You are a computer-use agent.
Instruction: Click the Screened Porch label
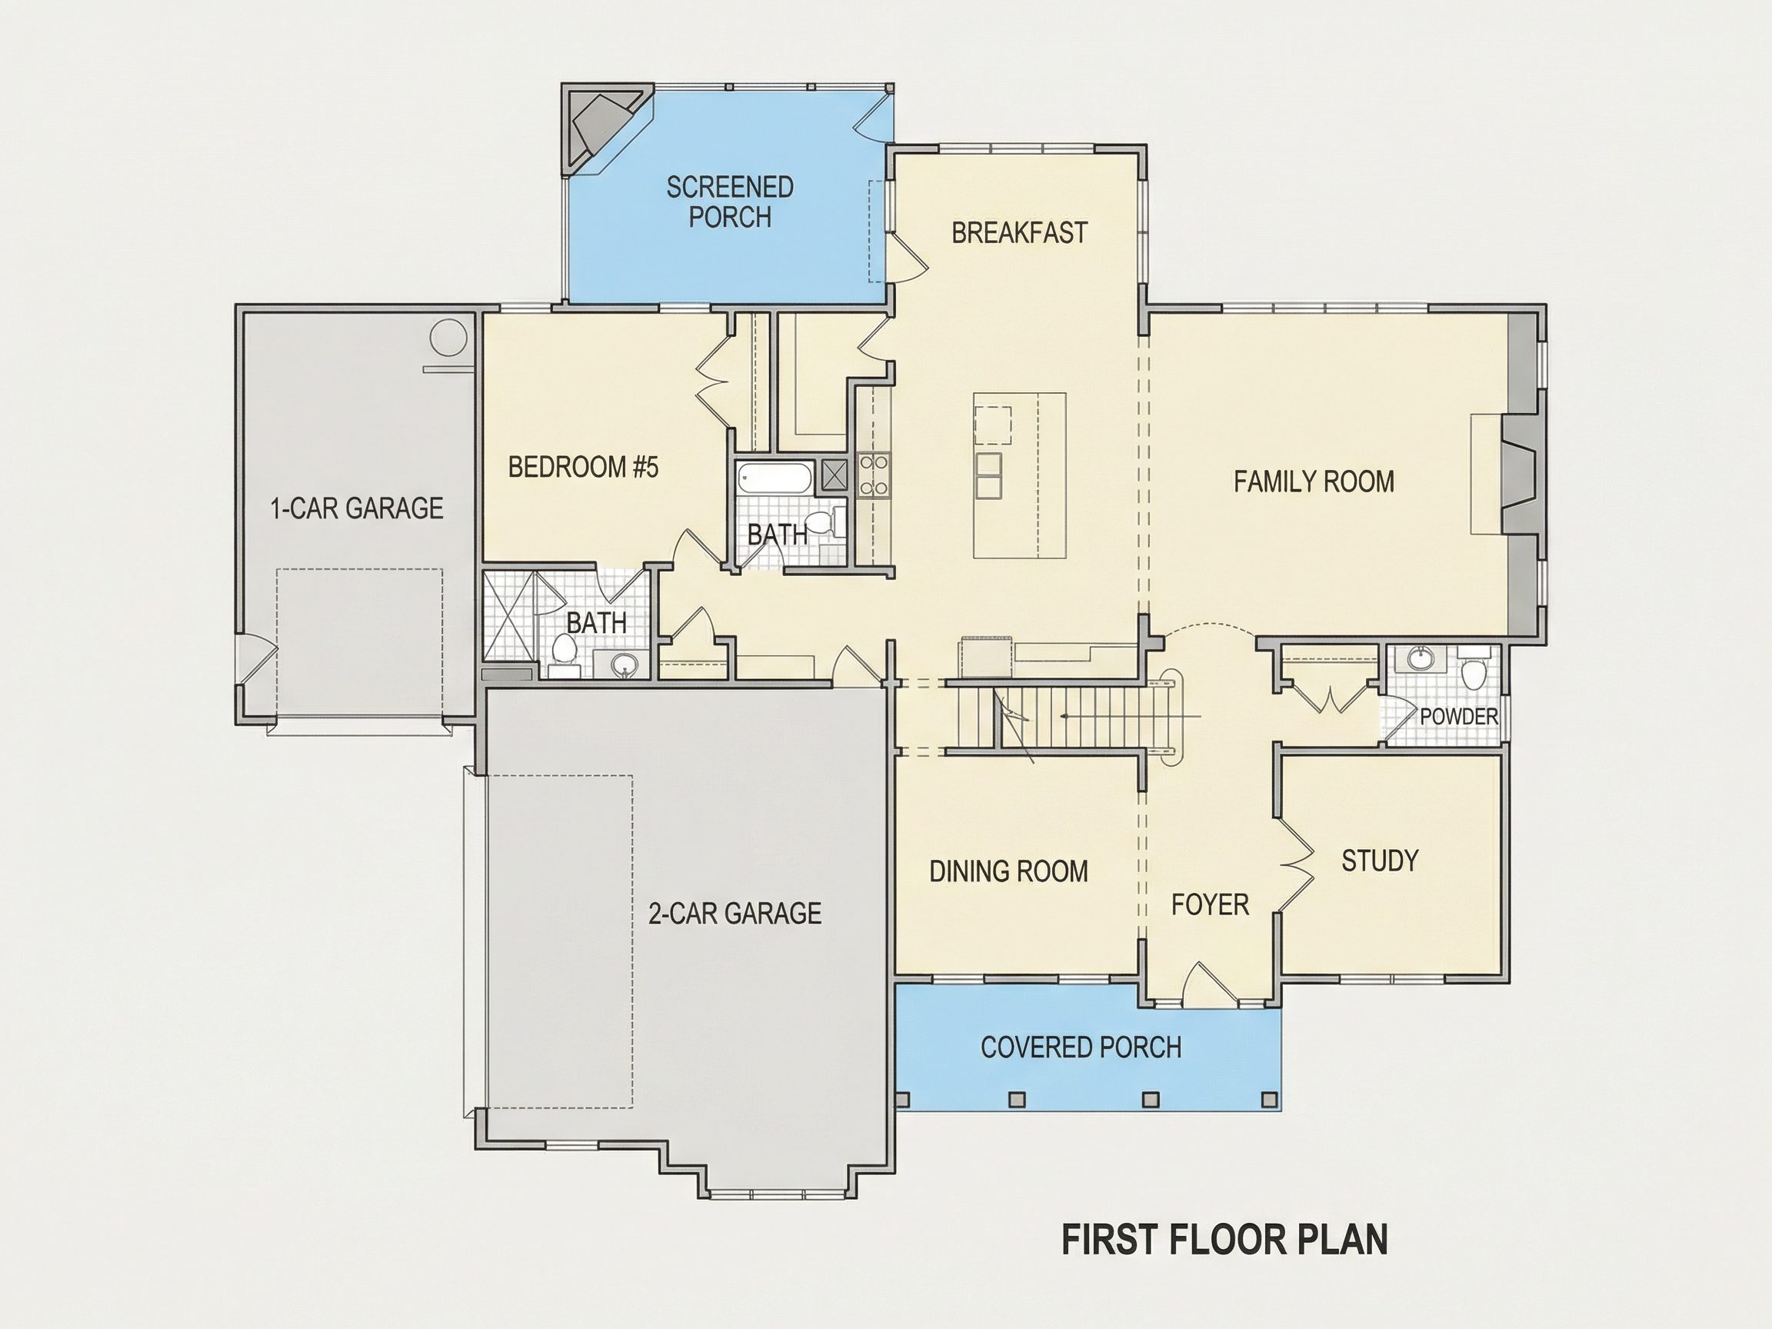coord(730,202)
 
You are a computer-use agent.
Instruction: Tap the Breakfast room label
coord(1019,232)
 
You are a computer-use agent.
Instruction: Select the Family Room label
coord(1314,481)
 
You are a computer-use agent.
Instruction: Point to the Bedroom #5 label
coord(583,466)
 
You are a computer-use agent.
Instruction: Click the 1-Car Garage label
coord(357,508)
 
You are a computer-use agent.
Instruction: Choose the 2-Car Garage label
coord(734,913)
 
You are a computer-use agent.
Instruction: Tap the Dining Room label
coord(1008,871)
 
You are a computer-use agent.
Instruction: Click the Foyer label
coord(1210,904)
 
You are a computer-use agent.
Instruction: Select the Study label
coord(1380,861)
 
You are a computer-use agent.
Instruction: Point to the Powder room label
coord(1458,716)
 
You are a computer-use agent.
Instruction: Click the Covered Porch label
coord(1081,1047)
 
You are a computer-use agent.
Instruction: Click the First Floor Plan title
coord(1224,1238)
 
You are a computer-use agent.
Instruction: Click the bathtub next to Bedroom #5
coord(774,478)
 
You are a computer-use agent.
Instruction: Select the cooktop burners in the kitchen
coord(872,475)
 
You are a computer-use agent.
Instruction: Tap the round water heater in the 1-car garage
coord(448,338)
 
